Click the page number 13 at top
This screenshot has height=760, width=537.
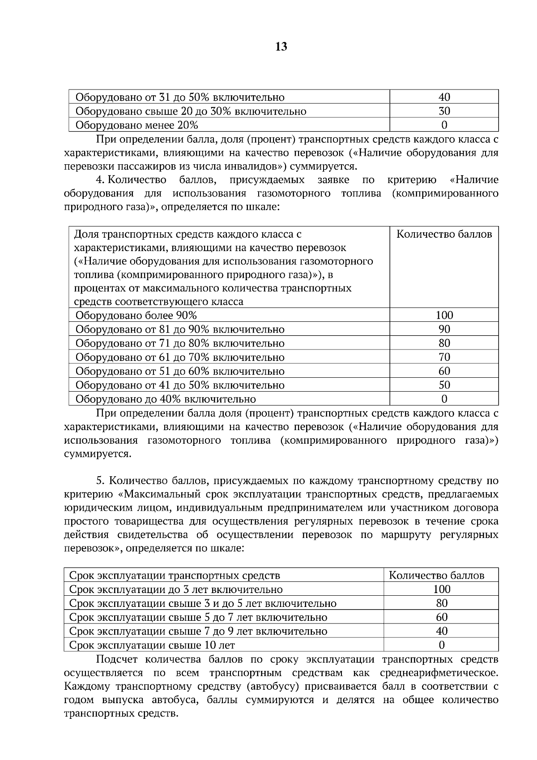click(281, 47)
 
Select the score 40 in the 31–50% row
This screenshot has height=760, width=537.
click(444, 97)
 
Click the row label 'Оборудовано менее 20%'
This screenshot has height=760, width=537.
click(137, 125)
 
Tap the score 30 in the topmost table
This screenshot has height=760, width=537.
click(444, 111)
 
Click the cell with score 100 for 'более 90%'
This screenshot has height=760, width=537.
click(444, 315)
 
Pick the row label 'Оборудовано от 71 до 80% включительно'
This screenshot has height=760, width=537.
click(180, 343)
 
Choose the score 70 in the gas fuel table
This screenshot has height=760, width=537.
click(444, 357)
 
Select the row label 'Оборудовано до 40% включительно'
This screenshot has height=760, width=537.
click(166, 399)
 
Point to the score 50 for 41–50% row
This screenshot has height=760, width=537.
click(444, 385)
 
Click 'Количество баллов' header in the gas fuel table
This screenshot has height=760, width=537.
click(444, 234)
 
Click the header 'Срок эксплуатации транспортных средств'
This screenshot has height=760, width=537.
click(175, 576)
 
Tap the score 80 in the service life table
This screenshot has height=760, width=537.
click(441, 603)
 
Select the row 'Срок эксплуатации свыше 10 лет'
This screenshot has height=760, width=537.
click(152, 645)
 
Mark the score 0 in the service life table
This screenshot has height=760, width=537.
click(441, 645)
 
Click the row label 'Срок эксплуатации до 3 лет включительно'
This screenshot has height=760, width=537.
click(176, 589)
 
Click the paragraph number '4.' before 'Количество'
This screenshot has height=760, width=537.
click(100, 180)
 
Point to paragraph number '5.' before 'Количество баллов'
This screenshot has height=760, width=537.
click(100, 481)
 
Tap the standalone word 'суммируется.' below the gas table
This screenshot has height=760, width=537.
click(98, 454)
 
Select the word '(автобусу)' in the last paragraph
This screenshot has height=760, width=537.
click(269, 686)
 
